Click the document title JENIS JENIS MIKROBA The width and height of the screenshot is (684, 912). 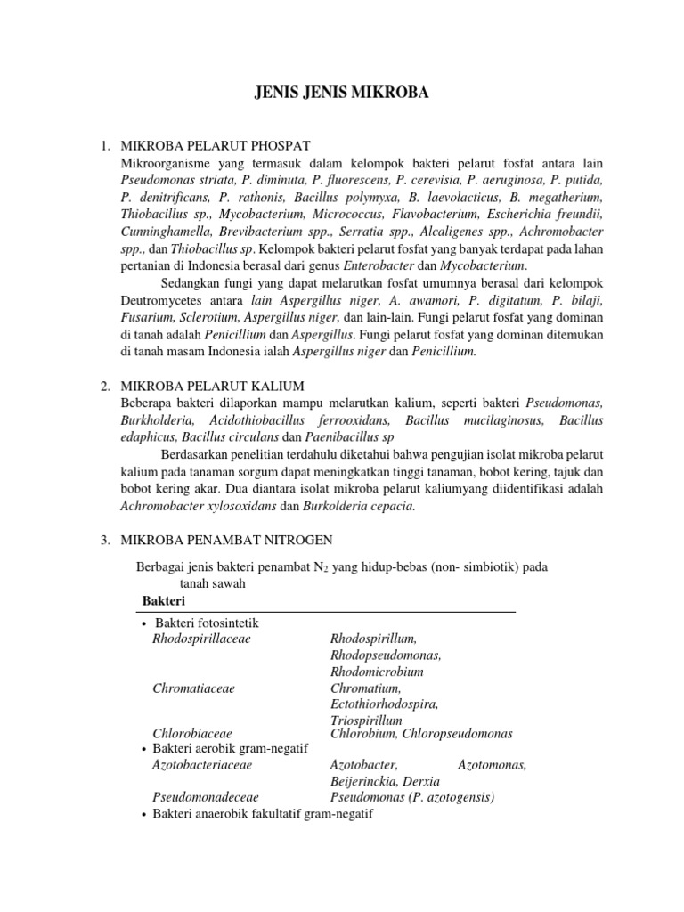pyautogui.click(x=342, y=91)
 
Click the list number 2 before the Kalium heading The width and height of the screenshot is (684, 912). pyautogui.click(x=104, y=386)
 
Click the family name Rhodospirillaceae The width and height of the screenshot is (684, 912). pyautogui.click(x=202, y=639)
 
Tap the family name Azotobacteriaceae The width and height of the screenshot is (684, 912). pyautogui.click(x=202, y=765)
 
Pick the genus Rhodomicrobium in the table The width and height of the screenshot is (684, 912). pyautogui.click(x=377, y=672)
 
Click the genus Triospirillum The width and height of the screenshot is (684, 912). pyautogui.click(x=366, y=720)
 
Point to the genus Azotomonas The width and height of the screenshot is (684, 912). pyautogui.click(x=492, y=765)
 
